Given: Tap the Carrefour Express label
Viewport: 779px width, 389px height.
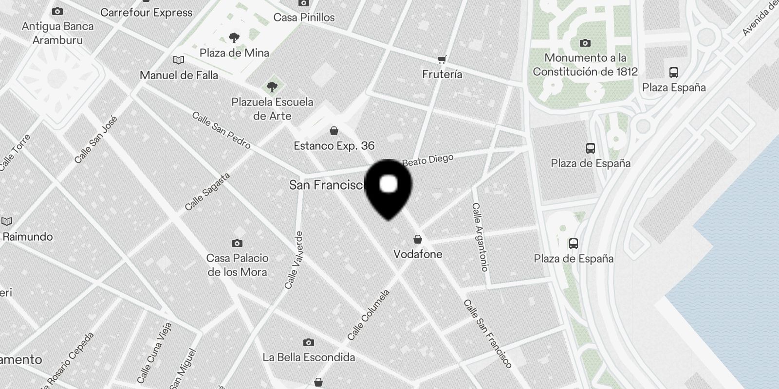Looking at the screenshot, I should (146, 13).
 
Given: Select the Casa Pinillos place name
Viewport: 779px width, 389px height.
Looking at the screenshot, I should (304, 18).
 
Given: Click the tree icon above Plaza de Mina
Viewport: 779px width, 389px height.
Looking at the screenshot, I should (234, 37).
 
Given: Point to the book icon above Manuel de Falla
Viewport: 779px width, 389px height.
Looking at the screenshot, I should (179, 60).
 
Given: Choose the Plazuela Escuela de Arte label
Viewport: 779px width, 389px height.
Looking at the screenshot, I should (272, 109).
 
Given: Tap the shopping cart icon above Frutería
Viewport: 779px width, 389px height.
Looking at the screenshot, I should (442, 59).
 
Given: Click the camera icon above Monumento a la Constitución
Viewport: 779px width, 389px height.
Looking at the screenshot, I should (585, 43).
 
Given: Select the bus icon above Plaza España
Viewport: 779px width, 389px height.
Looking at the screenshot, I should (674, 72).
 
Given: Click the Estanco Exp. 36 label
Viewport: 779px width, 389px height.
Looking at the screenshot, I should (334, 146).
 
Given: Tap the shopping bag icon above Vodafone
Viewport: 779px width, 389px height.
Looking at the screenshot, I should (418, 239).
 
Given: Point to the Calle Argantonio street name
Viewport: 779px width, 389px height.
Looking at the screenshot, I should (480, 237).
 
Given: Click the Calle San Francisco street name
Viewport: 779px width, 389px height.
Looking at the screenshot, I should (487, 333).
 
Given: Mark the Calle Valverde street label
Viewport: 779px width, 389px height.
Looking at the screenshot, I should (294, 260).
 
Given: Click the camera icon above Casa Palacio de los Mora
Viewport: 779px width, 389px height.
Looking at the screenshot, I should (237, 243).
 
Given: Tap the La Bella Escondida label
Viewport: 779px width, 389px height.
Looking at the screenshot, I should (309, 357).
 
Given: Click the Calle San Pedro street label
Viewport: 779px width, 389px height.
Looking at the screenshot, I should (221, 130).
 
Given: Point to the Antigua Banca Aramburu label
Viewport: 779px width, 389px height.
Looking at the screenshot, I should (57, 33).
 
